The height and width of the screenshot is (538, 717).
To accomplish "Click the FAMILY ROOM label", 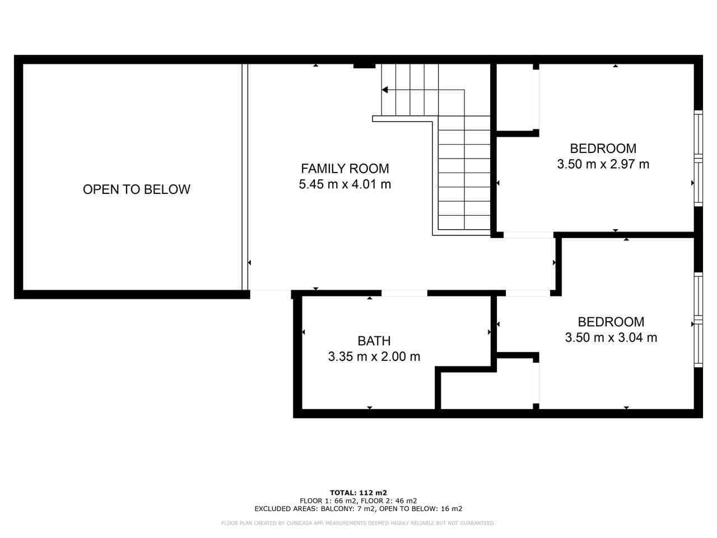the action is pos(344,169).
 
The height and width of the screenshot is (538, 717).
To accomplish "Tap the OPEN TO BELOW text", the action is pos(137,189).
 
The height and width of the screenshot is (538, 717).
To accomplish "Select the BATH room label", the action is pos(374,341).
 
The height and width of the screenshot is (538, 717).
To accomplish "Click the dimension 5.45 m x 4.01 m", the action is pos(344,184).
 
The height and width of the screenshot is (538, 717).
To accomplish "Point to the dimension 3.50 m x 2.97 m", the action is pos(603,164).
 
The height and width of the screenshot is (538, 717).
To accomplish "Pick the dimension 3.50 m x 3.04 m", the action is pos(611,337).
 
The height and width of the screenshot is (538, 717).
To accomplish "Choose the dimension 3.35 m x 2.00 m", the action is pos(374,356).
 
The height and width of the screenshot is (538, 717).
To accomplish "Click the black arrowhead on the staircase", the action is pos(385,90).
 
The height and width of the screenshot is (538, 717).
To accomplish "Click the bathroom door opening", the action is pos(404,293).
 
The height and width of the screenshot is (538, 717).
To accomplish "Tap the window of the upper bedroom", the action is pos(698,159).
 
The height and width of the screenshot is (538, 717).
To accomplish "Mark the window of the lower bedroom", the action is pos(698,320).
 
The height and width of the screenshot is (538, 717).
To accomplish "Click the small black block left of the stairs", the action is pos(365,66).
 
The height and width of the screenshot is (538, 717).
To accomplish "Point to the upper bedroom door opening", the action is pos(529,235).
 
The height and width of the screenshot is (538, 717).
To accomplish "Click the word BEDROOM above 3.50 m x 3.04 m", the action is pos(611,322).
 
